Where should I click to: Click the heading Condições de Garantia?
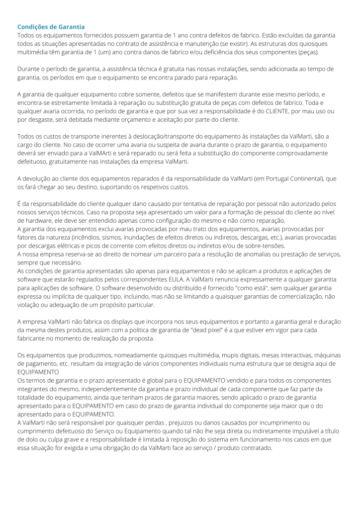pyautogui.click(x=51, y=26)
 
